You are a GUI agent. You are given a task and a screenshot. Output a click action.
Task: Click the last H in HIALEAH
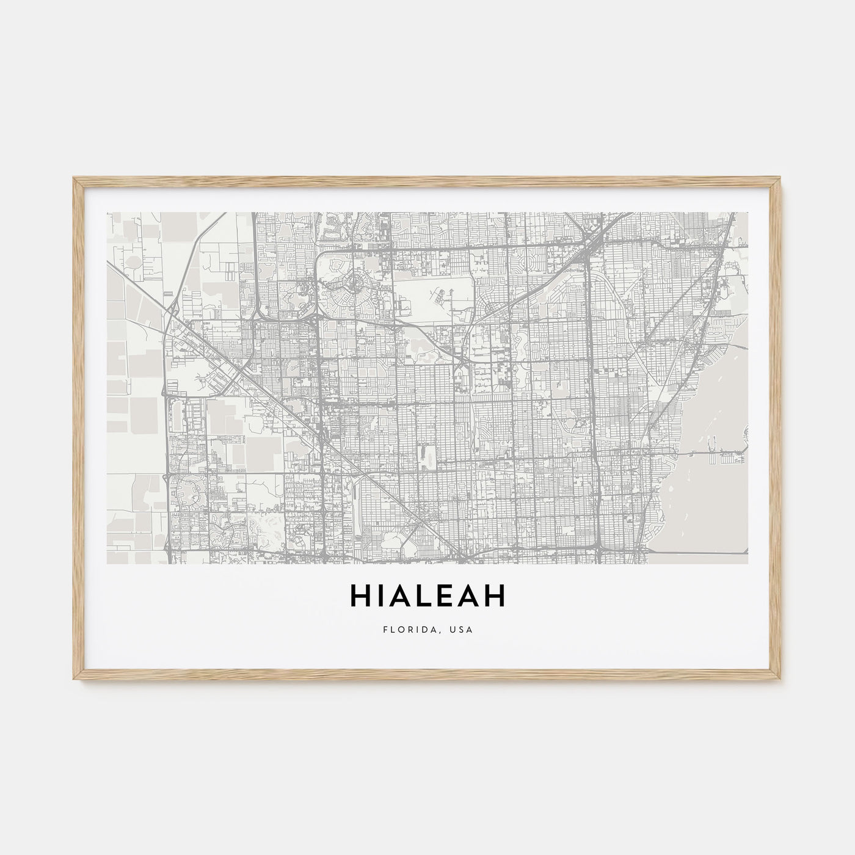(x=496, y=598)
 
